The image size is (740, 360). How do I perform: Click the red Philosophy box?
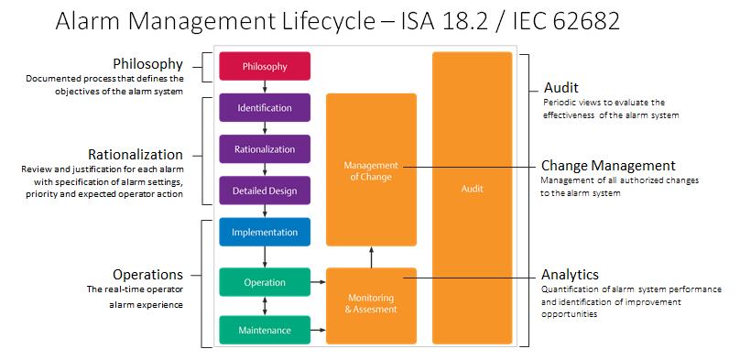(x=265, y=66)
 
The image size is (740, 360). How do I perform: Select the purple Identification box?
(x=265, y=107)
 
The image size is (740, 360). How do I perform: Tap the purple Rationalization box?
(x=265, y=148)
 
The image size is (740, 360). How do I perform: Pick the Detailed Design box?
(x=265, y=191)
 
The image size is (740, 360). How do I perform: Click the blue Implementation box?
(x=265, y=232)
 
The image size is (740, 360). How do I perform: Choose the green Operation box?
(x=265, y=282)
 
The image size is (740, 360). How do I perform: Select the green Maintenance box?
(x=265, y=329)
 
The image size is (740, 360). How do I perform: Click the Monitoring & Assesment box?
(x=371, y=303)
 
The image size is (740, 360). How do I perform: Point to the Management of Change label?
(x=371, y=170)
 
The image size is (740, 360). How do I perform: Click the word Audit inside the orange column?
(x=472, y=188)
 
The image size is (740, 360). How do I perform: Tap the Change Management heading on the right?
(x=608, y=166)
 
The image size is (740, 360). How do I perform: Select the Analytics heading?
(x=570, y=274)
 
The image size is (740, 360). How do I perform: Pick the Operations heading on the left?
(x=147, y=274)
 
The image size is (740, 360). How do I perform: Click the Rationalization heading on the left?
(x=135, y=154)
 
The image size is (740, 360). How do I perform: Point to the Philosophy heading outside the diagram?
(x=147, y=64)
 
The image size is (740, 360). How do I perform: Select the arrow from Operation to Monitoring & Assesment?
(x=319, y=283)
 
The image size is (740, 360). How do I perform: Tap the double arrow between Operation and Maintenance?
(x=265, y=306)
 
